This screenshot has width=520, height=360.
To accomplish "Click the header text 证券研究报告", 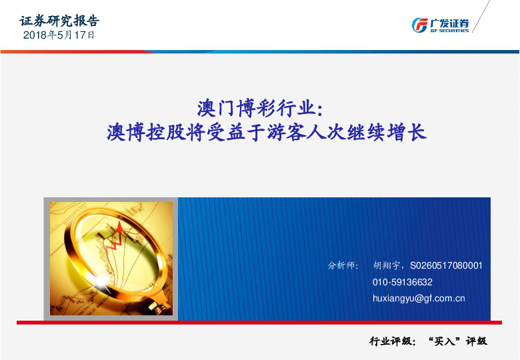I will tap(60, 21).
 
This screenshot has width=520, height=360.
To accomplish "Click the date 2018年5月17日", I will tap(59, 35).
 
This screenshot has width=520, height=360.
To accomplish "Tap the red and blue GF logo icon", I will tap(420, 25).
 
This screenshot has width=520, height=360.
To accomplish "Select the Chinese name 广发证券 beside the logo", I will tap(449, 23).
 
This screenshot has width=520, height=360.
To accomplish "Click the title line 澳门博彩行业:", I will tap(260, 107).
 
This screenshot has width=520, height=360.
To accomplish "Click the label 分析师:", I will tap(343, 265).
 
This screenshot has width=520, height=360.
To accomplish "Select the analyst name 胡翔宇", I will tap(388, 265).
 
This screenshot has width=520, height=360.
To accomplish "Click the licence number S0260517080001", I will tap(446, 265).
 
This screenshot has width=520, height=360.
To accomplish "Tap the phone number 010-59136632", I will tap(403, 282).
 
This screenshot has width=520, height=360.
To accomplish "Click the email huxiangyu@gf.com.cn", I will tap(419, 299).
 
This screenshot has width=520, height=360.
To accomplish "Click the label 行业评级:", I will tap(393, 341).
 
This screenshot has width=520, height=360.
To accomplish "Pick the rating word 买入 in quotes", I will tap(445, 341).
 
